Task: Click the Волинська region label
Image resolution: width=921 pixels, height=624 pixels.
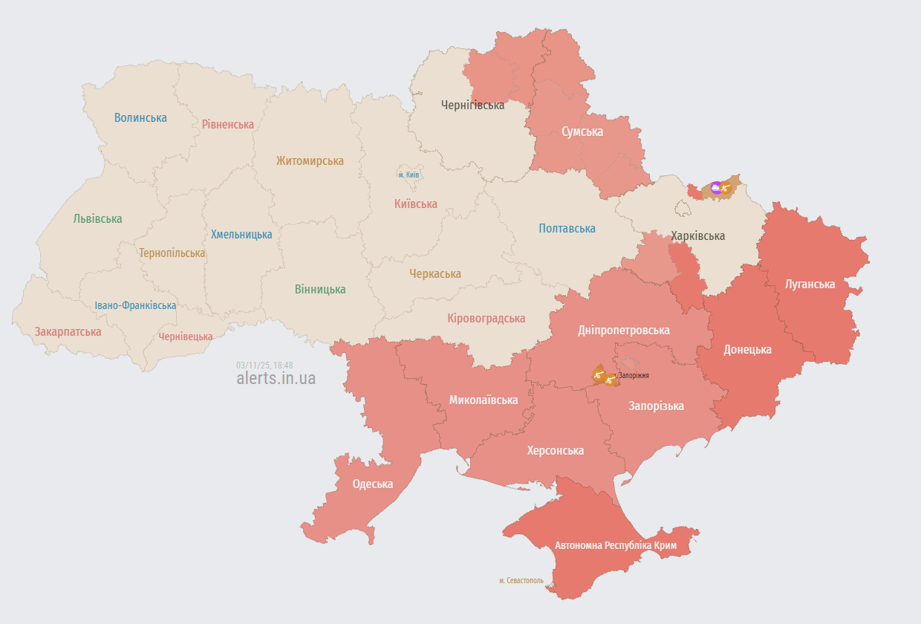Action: [140, 117]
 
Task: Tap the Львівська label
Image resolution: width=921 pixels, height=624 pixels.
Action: [97, 219]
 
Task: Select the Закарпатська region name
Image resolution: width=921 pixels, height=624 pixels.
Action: [68, 331]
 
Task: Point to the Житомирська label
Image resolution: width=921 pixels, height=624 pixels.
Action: [310, 160]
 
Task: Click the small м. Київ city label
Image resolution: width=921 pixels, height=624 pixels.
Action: [409, 175]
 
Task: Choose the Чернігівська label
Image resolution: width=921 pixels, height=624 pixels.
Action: [472, 105]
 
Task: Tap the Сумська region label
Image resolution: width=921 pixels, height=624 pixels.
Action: [582, 131]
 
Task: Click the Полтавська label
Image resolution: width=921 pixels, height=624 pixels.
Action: [567, 228]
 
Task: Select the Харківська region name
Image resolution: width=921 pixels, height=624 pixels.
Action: [698, 236]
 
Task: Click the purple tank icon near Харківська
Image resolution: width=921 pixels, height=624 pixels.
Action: [716, 188]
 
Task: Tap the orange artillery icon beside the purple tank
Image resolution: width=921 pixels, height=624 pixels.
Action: [726, 189]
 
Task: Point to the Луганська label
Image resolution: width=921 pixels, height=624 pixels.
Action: [810, 284]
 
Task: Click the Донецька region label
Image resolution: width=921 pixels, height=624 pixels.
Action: [747, 349]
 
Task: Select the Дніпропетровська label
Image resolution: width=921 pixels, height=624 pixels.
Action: [624, 330]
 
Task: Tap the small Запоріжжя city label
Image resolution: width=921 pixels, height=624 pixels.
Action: [634, 375]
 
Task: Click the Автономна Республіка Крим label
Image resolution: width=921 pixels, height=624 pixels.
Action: [616, 545]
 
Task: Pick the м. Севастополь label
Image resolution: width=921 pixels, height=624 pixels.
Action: [521, 580]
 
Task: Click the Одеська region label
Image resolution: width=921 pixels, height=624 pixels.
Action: [372, 484]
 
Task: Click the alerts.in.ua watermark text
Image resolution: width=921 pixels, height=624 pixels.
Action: [276, 378]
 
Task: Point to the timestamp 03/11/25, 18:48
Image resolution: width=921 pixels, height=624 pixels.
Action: [264, 365]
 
